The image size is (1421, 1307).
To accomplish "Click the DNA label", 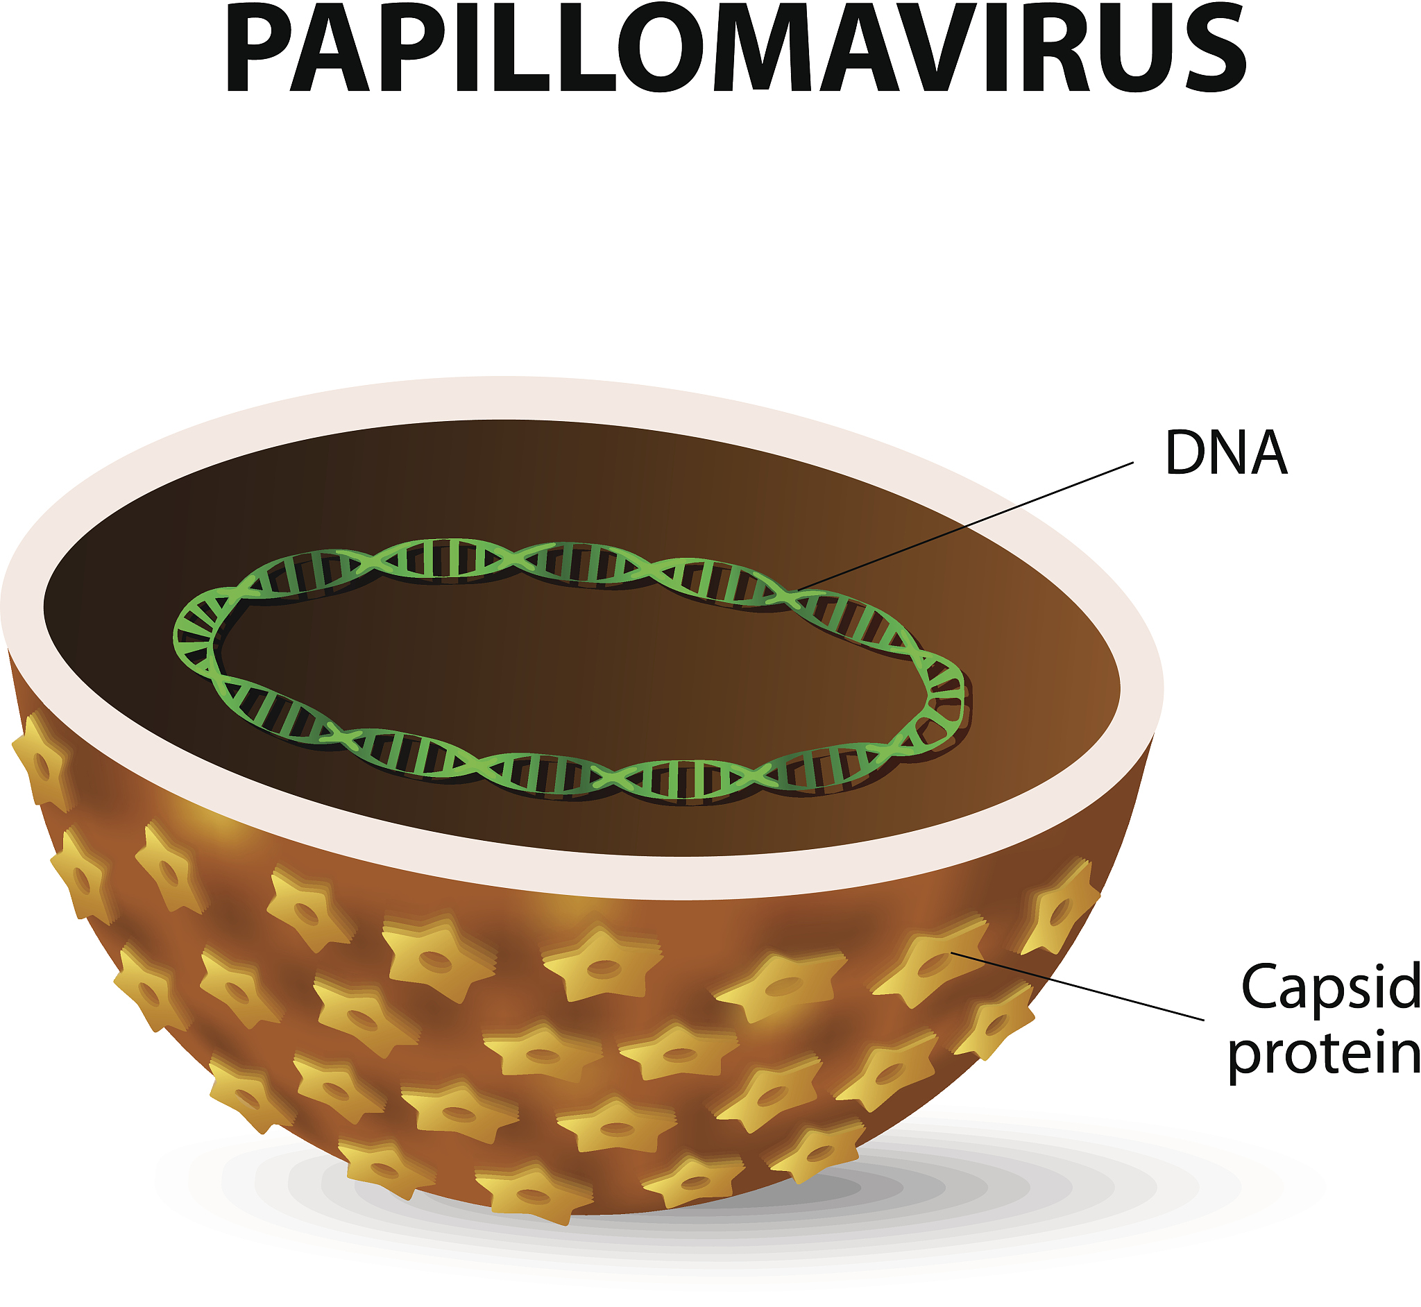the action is click(x=1226, y=452).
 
